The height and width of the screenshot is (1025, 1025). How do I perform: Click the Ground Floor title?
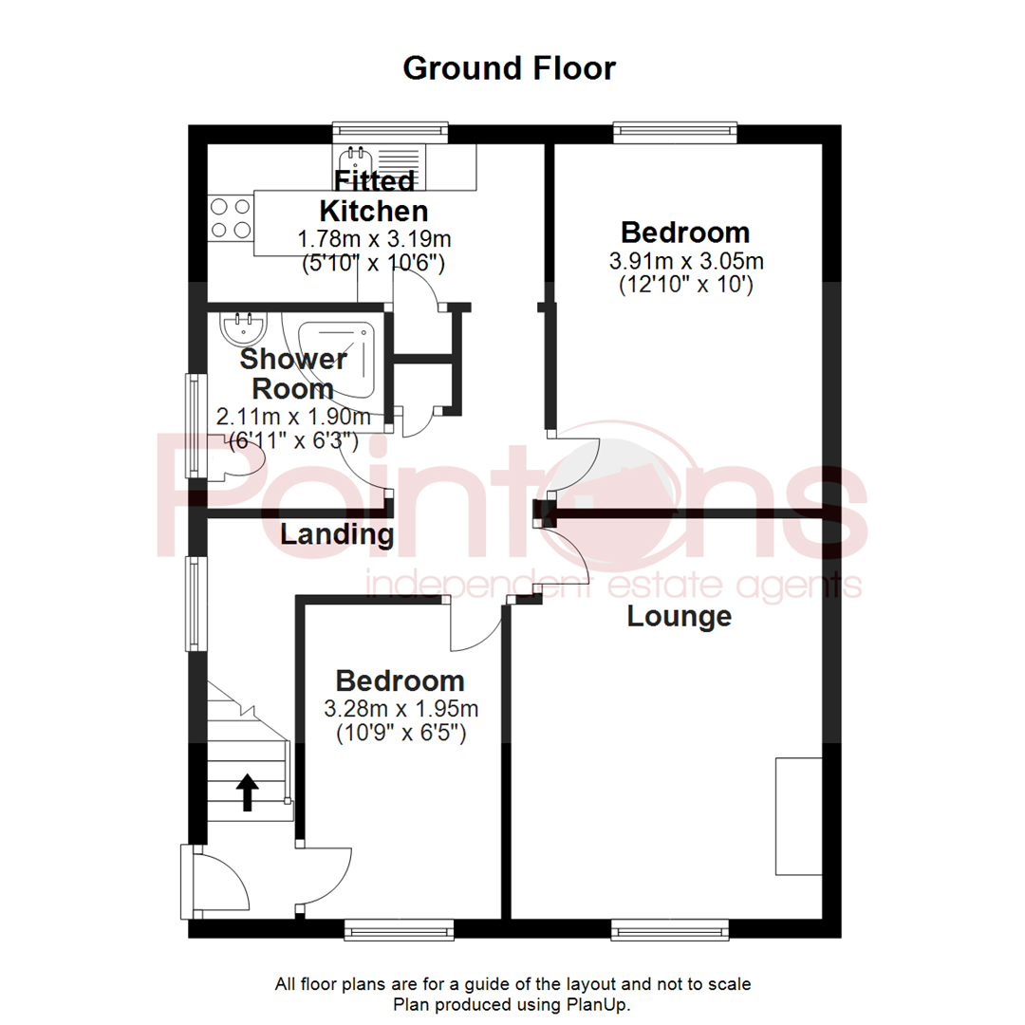click(x=510, y=68)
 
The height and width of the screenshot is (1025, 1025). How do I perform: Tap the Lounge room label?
click(x=680, y=617)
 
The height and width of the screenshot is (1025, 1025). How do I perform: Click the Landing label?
click(x=337, y=535)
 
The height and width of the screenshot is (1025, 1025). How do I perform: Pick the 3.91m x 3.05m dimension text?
click(x=685, y=261)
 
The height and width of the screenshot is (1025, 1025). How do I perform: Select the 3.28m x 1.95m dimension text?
click(x=401, y=709)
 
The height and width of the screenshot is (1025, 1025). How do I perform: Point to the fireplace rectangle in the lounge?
click(x=798, y=816)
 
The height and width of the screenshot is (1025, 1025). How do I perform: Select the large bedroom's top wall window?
click(x=675, y=132)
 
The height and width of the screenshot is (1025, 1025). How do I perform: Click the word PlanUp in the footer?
click(x=603, y=1004)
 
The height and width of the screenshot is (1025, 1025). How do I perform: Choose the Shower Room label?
click(x=292, y=374)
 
